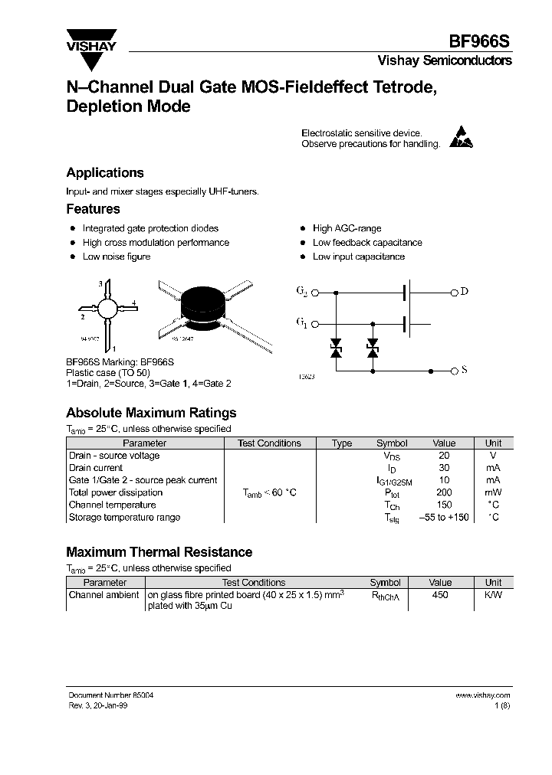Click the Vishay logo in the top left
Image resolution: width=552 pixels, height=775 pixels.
tap(90, 40)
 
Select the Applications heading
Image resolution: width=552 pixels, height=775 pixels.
tap(100, 173)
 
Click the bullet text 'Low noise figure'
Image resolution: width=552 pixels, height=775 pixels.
tap(117, 257)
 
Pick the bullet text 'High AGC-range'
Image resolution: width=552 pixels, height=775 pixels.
tap(347, 228)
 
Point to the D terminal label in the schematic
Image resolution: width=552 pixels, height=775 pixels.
tap(464, 292)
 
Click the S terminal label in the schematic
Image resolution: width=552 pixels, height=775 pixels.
tap(464, 371)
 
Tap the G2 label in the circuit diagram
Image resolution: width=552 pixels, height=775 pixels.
tap(301, 292)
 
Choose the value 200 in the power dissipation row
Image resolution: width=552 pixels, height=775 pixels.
tap(444, 492)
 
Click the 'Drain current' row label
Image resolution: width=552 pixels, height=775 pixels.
tap(96, 468)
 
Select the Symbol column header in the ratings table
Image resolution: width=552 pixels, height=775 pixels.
tap(392, 443)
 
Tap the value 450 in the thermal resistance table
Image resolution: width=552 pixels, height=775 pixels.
tap(440, 595)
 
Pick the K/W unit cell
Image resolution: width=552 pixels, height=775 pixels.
tap(493, 595)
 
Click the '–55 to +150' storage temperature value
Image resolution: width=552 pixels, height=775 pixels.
tap(444, 518)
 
